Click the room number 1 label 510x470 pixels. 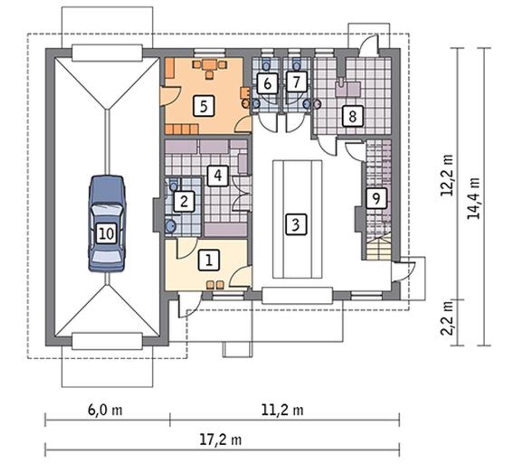tap(209, 260)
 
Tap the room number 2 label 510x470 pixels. tap(184, 202)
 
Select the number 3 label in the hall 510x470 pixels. tap(296, 224)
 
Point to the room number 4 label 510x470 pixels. tap(218, 176)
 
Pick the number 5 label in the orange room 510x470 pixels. tap(204, 106)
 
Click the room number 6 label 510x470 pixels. tap(267, 84)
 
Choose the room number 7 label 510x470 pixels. tap(296, 82)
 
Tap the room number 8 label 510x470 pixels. tap(353, 116)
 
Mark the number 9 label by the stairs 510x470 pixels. tap(376, 198)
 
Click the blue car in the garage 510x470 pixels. tap(107, 223)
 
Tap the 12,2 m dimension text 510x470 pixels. tap(447, 175)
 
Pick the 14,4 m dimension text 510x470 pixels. tap(474, 198)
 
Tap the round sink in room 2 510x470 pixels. tap(171, 226)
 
